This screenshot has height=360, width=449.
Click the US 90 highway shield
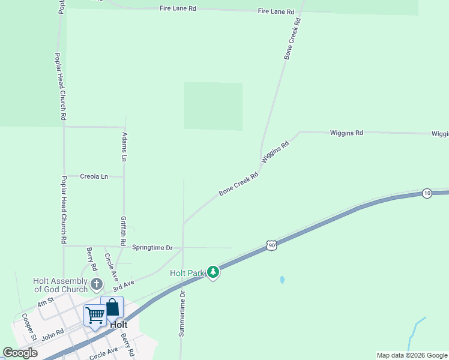click(x=272, y=245)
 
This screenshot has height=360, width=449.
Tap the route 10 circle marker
click(x=427, y=193)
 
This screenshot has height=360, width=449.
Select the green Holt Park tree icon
click(x=213, y=273)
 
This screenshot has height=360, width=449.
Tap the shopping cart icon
click(x=95, y=315)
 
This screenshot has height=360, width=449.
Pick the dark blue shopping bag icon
click(x=112, y=307)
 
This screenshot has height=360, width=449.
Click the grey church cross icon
click(x=96, y=283)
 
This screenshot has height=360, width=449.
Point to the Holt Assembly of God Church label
click(x=60, y=285)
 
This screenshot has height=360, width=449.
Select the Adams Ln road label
click(x=124, y=147)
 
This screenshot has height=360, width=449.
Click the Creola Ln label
click(x=94, y=176)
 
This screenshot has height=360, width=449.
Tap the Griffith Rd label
click(x=122, y=230)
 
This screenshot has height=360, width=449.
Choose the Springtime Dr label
click(x=152, y=247)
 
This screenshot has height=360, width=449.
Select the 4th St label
click(x=46, y=302)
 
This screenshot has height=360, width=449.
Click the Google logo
click(x=20, y=353)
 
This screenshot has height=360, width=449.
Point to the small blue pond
click(x=282, y=280)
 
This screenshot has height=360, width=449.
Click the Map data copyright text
click(x=412, y=355)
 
